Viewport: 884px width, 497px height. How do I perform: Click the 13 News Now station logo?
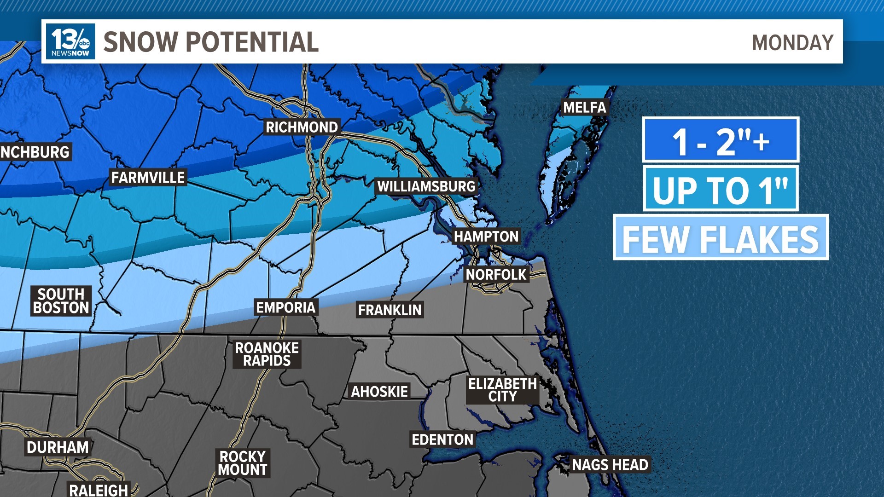(70, 41)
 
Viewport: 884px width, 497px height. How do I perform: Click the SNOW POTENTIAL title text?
(211, 42)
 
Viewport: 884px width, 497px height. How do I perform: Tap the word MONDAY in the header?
(792, 43)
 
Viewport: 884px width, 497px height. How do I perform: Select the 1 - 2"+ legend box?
(721, 140)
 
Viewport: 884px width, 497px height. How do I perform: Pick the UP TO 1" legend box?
(721, 189)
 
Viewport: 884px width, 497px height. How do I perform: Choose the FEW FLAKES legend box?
(721, 237)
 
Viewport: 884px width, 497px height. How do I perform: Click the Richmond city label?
(302, 127)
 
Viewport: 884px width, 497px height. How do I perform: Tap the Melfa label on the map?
(585, 108)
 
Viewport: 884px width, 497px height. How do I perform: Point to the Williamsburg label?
(426, 186)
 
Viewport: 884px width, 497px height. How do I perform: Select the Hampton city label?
(486, 237)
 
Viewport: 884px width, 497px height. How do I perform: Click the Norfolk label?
(496, 275)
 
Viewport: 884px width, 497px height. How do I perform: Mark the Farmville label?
(148, 178)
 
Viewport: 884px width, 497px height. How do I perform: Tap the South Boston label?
(61, 301)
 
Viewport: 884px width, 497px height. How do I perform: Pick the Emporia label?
(285, 307)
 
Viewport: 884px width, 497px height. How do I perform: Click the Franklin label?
(390, 310)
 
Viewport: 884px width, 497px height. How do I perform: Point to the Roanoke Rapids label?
(267, 354)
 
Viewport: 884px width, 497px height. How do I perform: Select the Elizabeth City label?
(502, 390)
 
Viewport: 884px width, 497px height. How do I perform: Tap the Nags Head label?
(610, 465)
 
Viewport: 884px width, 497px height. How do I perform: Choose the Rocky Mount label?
(242, 463)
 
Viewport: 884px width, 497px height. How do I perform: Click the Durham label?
(58, 447)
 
